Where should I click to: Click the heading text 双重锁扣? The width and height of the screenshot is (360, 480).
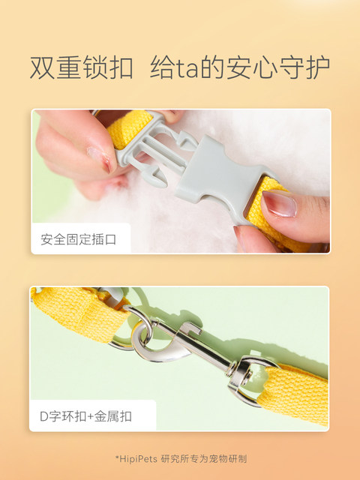pos(82,67)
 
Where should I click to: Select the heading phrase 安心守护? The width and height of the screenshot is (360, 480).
pos(277,67)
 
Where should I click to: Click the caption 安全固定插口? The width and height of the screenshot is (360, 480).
pos(78,239)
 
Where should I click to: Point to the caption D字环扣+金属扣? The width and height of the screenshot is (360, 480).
pos(85,416)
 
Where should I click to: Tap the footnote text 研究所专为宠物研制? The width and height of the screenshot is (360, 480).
pos(204,459)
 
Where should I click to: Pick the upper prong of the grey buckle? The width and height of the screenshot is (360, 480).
pos(185,139)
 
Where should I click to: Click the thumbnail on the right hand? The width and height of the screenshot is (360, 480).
pos(280,203)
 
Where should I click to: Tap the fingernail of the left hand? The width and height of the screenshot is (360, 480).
pos(100,158)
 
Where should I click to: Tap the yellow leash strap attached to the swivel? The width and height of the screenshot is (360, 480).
pos(294,392)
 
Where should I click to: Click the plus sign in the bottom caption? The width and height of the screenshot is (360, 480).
pos(90,417)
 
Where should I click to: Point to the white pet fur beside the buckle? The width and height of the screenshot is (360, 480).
pos(275,147)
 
